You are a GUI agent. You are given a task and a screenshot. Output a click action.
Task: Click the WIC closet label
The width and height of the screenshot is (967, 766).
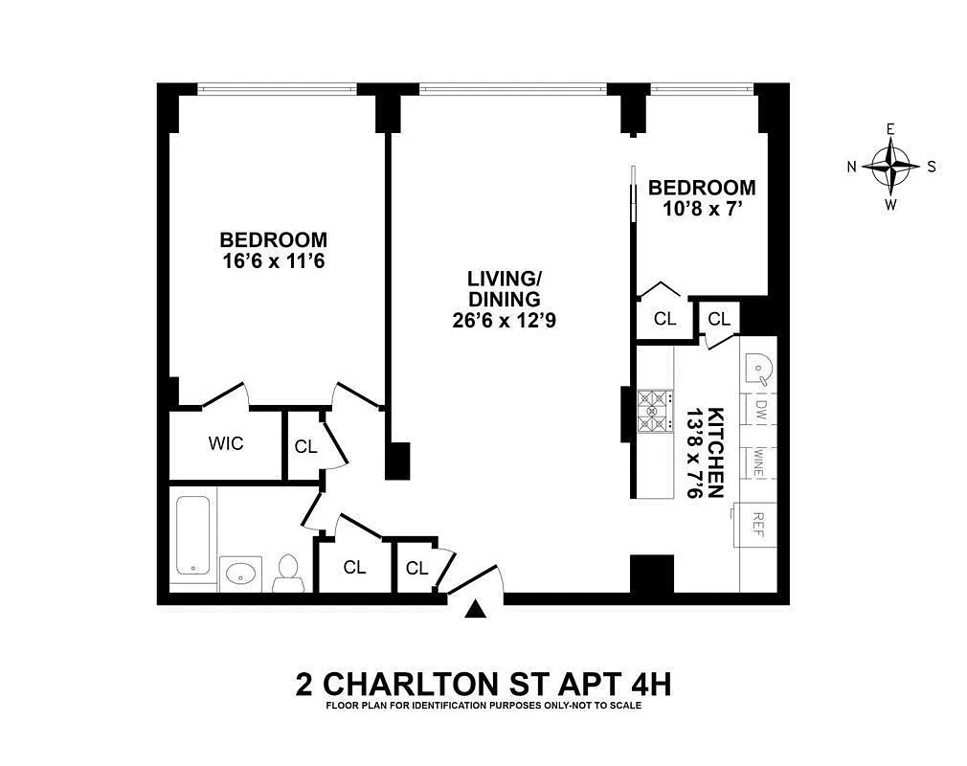pyautogui.click(x=226, y=443)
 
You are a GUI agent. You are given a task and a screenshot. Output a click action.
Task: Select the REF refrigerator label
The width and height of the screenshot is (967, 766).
pyautogui.click(x=757, y=524)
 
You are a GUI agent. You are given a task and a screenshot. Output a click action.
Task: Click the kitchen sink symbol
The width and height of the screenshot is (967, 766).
pyautogui.click(x=760, y=368)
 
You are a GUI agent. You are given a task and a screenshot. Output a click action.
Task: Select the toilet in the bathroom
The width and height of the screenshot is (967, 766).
pyautogui.click(x=287, y=572)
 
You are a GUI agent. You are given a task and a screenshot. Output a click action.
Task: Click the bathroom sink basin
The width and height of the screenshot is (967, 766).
pyautogui.click(x=239, y=574)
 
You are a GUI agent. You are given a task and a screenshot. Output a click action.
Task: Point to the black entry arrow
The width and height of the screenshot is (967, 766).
pyautogui.click(x=476, y=609)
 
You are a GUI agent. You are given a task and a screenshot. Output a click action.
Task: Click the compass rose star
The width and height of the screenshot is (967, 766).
pyautogui.click(x=890, y=166)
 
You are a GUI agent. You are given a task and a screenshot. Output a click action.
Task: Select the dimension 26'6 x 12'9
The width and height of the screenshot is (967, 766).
pyautogui.click(x=505, y=322)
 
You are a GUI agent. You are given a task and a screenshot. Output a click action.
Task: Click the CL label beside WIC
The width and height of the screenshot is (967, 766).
pyautogui.click(x=305, y=446)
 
